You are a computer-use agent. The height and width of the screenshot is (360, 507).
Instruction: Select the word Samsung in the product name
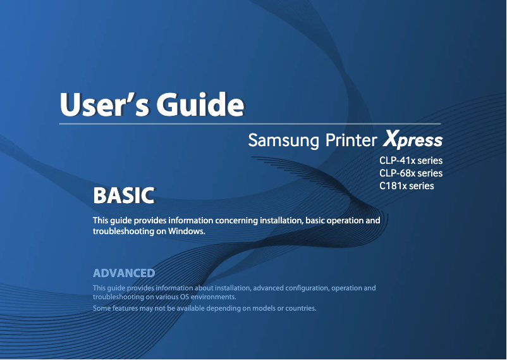283,140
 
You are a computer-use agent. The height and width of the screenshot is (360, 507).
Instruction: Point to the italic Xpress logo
413,139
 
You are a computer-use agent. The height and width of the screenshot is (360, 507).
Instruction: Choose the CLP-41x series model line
410,161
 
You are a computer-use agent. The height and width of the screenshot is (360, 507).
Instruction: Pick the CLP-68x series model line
410,173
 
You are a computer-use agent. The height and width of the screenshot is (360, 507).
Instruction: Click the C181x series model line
406,186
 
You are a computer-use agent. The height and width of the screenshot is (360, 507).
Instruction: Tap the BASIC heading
123,196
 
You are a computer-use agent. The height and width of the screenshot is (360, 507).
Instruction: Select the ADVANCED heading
124,273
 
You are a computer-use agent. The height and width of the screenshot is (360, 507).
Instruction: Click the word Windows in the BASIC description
186,232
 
